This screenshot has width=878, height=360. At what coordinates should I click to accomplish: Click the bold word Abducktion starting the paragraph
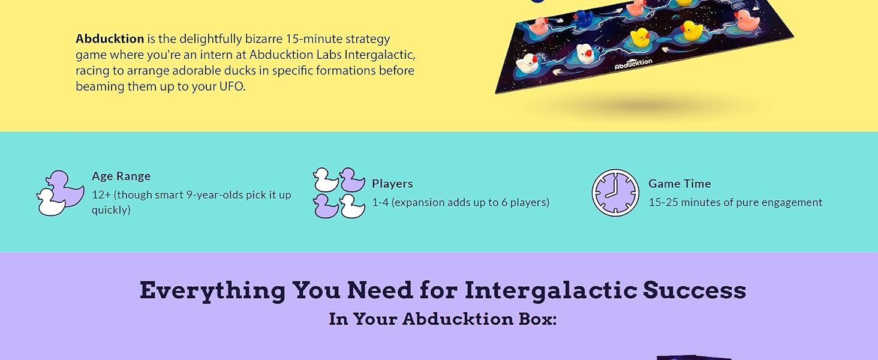[x=110, y=39]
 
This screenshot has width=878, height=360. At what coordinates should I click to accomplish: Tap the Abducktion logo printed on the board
[x=633, y=64]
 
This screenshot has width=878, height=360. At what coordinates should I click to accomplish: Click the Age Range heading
[x=121, y=176]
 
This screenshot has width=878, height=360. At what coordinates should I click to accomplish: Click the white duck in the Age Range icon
[x=51, y=203]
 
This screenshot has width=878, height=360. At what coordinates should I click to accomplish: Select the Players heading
[x=392, y=184]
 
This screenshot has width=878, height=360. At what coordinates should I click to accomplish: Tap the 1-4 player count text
[x=380, y=202]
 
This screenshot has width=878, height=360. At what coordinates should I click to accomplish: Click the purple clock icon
[x=615, y=193]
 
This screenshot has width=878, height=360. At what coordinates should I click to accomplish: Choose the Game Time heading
[x=679, y=184]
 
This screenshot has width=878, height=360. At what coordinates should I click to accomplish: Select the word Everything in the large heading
[x=213, y=290]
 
